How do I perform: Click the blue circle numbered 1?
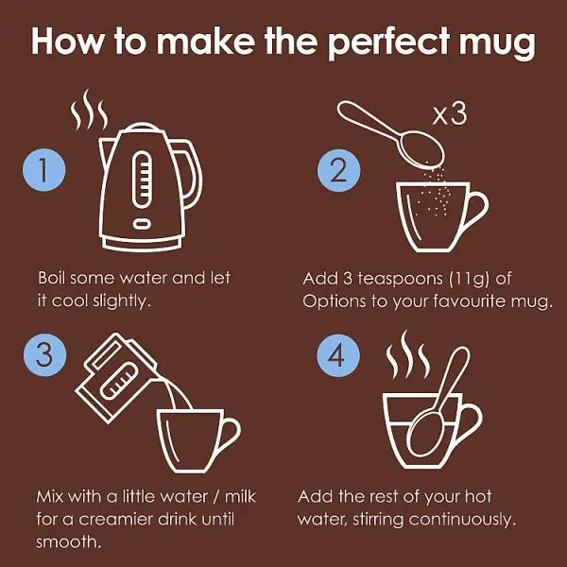(44, 169)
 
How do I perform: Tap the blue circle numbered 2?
(339, 170)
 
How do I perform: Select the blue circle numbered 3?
(44, 355)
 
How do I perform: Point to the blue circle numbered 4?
(338, 355)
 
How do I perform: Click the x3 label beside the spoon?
(450, 115)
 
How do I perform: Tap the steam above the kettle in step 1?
(89, 110)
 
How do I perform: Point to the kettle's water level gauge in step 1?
(142, 180)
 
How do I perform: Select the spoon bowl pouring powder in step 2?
(422, 149)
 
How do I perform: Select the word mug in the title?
(498, 44)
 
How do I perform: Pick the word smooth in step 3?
(68, 541)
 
